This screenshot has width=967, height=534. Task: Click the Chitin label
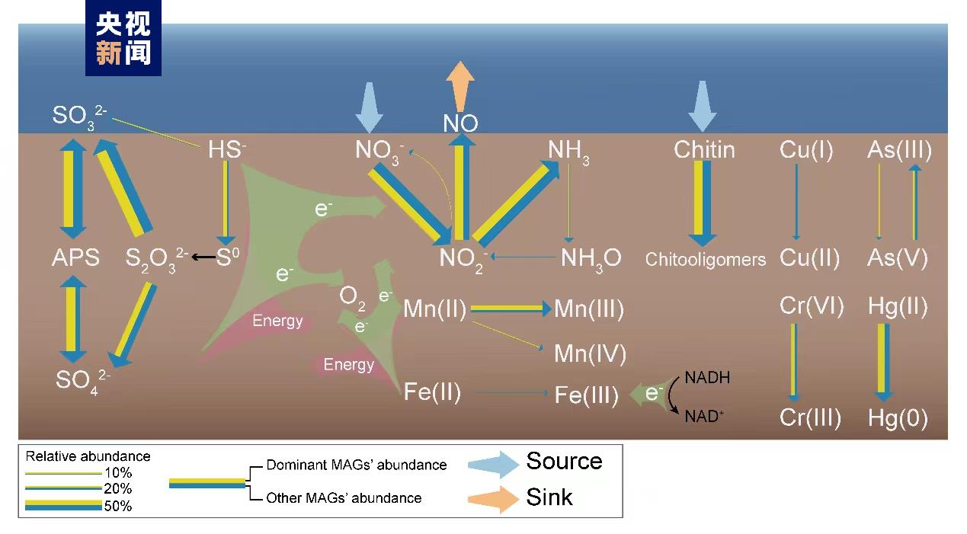point(704,149)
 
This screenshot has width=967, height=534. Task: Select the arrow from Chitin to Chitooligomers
point(703,202)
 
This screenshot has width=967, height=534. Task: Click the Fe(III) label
point(586,395)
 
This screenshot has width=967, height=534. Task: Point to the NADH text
point(707,377)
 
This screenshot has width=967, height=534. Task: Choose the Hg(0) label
point(897,418)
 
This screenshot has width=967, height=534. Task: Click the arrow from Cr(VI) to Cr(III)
point(794,362)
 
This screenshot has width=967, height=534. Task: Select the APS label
point(75,257)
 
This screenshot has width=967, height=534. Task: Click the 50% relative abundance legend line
point(63,505)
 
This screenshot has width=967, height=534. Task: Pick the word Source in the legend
point(564,461)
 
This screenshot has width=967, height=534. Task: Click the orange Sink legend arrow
point(493,498)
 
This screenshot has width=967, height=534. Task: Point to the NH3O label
point(591,257)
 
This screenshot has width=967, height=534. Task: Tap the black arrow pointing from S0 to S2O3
point(203,257)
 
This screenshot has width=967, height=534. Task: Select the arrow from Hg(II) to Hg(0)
point(883,362)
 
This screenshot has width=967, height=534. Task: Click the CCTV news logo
point(123,38)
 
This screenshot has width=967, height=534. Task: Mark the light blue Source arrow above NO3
point(370,107)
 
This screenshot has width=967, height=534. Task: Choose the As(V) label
point(897,257)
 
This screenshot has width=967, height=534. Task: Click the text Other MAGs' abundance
point(344,498)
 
